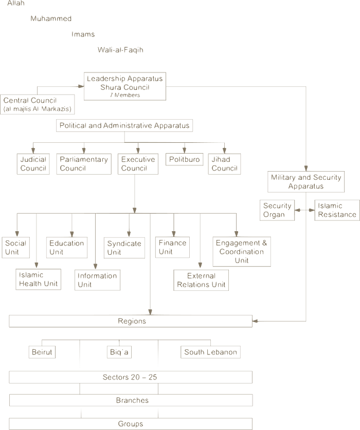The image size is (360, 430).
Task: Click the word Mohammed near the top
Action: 51,18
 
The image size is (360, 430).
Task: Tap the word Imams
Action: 84,34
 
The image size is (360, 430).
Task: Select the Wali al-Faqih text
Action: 120,50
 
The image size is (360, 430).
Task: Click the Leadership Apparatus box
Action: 125,86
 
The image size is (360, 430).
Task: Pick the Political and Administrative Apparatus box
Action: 124,125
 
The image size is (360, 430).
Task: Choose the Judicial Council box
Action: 32,163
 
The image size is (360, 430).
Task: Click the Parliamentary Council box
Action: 83,163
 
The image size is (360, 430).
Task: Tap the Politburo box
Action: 184,159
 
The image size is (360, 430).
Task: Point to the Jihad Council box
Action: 224,163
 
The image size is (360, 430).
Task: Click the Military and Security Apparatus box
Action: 306,182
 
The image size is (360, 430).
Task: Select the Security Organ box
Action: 277,210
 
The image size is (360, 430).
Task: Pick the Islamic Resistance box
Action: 336,210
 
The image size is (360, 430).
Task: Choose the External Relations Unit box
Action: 201,279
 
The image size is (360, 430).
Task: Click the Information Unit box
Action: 98,279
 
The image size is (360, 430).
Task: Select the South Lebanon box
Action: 210,352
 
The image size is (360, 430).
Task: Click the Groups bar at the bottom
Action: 131,424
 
